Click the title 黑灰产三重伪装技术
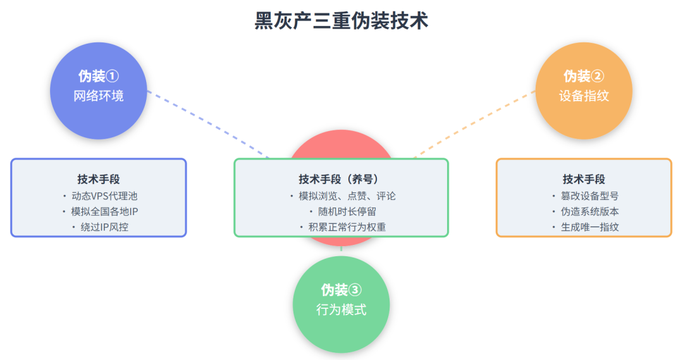pos(341,20)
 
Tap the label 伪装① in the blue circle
pos(99,77)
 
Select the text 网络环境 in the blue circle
pos(99,96)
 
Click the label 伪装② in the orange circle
pos(584,77)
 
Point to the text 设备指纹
pos(584,96)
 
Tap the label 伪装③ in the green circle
pos(341,290)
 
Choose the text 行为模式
pos(341,310)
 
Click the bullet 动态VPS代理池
pos(102,196)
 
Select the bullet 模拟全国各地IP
pos(104,211)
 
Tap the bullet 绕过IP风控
pos(104,227)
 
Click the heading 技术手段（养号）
pos(341,179)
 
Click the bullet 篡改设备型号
pos(588,196)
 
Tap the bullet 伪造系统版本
pos(588,211)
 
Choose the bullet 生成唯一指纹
pos(588,227)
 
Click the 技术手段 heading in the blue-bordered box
pos(99,179)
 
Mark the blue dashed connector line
pos(209,124)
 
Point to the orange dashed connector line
pos(474,124)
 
